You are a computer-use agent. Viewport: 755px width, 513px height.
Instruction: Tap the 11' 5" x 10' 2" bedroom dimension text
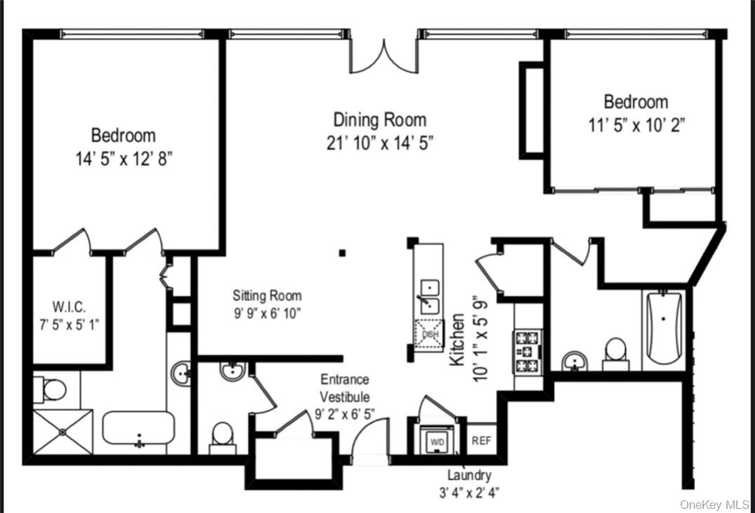click(x=636, y=126)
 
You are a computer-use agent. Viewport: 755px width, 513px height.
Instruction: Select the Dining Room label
click(x=379, y=119)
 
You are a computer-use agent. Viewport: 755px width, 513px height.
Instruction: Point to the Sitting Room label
click(x=267, y=295)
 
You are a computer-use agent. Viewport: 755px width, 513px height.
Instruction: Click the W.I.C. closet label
click(x=70, y=306)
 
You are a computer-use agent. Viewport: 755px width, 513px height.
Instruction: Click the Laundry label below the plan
click(x=469, y=475)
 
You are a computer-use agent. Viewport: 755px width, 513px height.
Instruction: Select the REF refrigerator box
click(x=481, y=441)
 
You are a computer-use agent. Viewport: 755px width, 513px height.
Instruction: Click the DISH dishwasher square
click(x=429, y=333)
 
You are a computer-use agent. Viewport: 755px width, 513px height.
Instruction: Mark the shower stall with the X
click(x=63, y=432)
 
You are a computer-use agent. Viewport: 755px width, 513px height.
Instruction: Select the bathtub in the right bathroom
click(x=663, y=328)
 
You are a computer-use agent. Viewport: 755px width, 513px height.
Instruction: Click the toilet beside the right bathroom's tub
click(x=616, y=353)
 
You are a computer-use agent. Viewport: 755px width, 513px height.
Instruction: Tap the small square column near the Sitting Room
click(x=342, y=253)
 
